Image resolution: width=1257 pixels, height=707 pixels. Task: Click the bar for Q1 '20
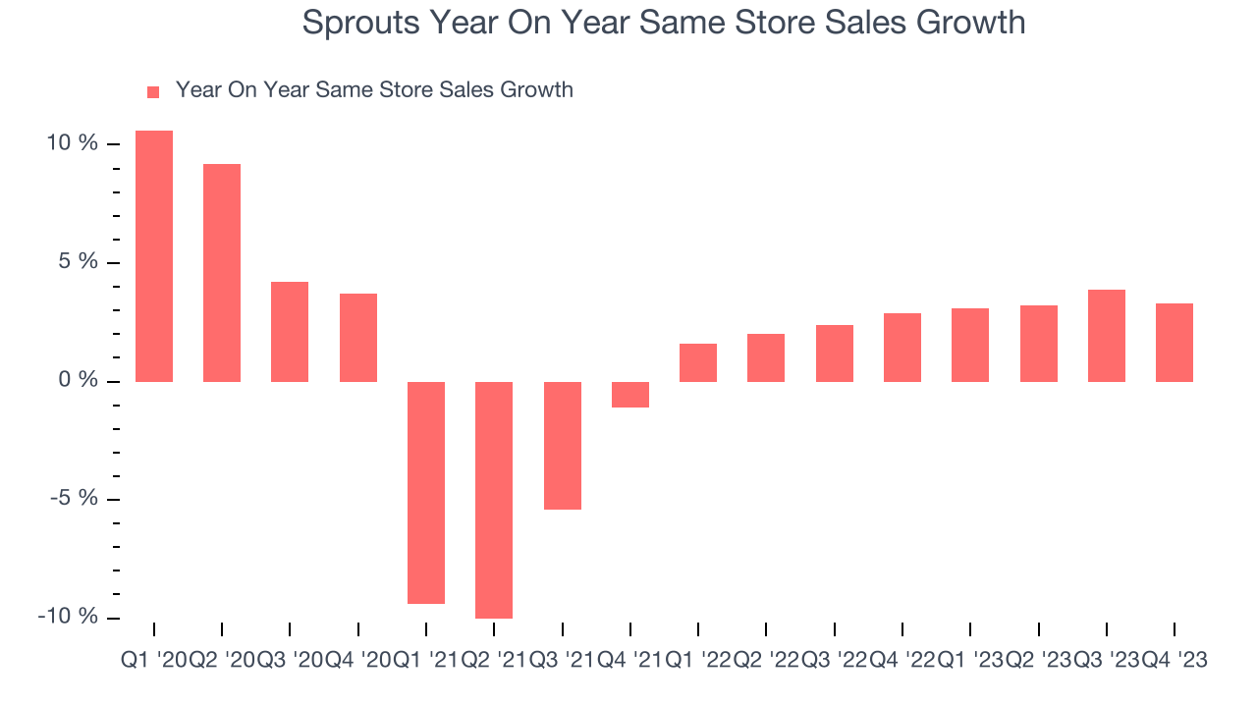coord(154,255)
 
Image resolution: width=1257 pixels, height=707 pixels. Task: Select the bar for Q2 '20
coord(222,272)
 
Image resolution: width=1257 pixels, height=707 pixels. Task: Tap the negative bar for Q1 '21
coord(426,492)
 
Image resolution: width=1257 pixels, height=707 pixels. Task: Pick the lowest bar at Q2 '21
coord(494,500)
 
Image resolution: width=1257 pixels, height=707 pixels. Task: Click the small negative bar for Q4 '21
coord(630,394)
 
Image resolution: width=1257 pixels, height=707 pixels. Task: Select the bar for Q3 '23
coord(1107,335)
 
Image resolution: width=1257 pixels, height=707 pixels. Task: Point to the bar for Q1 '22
coord(698,362)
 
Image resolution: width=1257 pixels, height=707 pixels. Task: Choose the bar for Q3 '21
coord(563,445)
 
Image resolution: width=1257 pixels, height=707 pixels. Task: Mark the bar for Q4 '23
coord(1175,342)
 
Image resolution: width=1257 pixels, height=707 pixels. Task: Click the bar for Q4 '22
coord(902,347)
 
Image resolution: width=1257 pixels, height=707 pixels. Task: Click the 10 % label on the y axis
coord(73,144)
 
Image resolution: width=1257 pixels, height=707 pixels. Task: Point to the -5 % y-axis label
coord(75,499)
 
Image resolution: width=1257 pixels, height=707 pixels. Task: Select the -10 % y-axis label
coord(70,618)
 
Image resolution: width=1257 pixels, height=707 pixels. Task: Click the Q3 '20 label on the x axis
coord(290,661)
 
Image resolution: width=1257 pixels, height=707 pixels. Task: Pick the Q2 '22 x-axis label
coord(766,661)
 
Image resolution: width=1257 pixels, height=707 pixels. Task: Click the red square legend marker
coord(152,92)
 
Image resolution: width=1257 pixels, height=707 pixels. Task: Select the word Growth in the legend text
coord(536,90)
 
